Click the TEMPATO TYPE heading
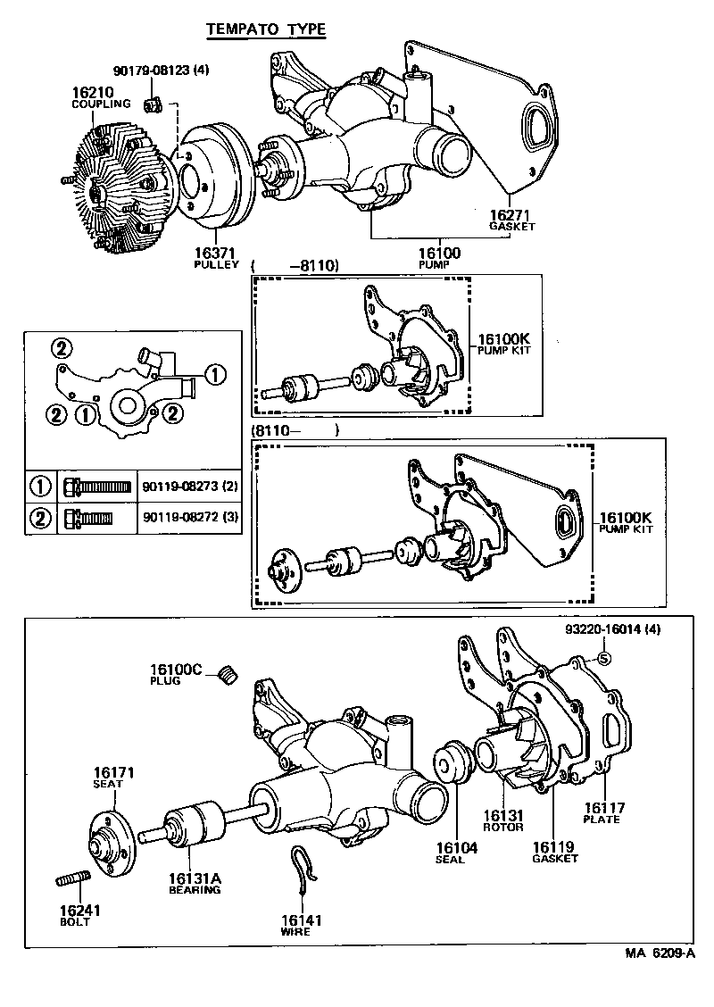click(266, 30)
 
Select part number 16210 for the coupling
click(91, 92)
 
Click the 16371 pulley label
click(217, 254)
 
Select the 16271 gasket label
click(511, 216)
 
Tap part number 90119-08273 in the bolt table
click(188, 487)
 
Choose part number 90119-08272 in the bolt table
click(188, 518)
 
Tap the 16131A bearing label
click(195, 878)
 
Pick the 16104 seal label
click(457, 848)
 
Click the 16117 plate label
click(604, 809)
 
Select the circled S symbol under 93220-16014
click(603, 659)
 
